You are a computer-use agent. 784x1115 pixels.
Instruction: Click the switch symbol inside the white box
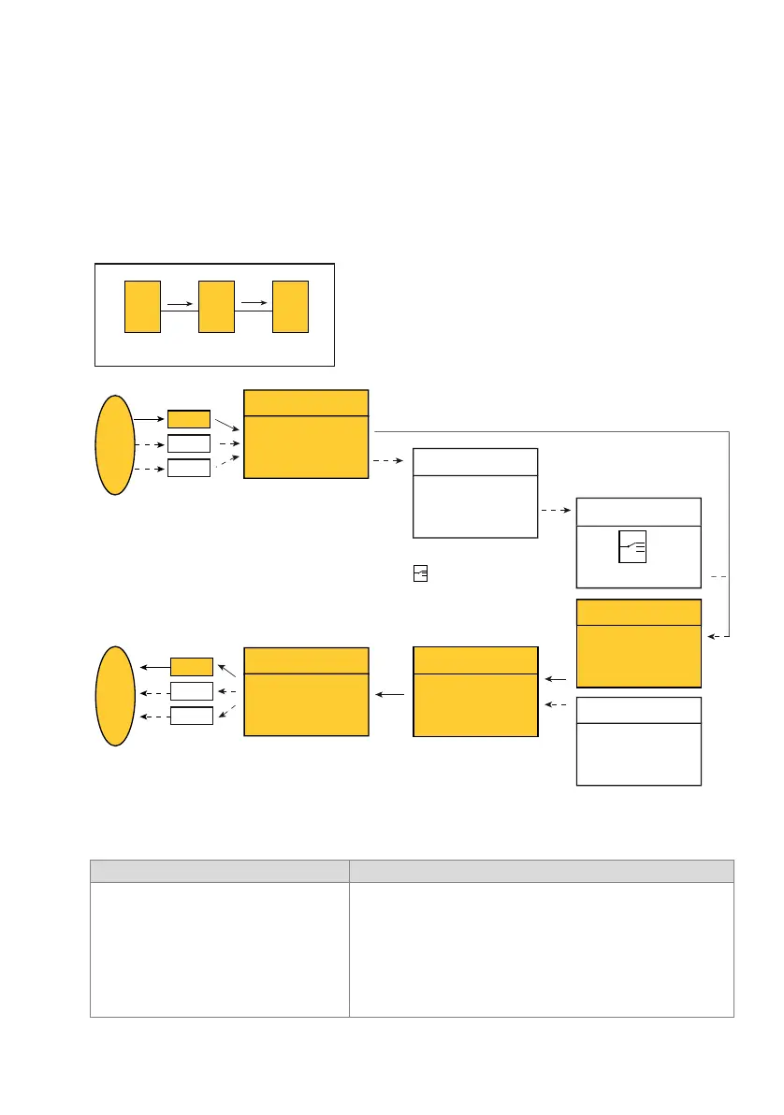(632, 547)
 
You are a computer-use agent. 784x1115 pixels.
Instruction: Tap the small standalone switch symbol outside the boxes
(420, 574)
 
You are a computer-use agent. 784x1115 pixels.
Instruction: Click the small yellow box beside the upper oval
(189, 419)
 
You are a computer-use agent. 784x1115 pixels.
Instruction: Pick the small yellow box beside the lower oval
(192, 666)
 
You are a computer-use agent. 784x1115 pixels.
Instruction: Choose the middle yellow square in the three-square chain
(216, 306)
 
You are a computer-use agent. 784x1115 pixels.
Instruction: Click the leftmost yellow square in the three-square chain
(143, 306)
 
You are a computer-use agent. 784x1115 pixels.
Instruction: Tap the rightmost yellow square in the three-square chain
(290, 306)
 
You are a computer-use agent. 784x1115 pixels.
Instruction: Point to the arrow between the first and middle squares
(180, 303)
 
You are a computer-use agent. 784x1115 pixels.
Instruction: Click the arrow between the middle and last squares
(253, 301)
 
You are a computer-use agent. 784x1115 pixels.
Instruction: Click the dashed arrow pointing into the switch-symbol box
(557, 512)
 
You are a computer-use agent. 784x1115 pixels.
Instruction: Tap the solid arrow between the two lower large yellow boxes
(391, 695)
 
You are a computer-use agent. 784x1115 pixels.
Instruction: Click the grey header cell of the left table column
(219, 871)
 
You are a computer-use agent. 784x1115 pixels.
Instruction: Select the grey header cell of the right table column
(541, 871)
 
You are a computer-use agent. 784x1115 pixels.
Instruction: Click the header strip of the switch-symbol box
(638, 512)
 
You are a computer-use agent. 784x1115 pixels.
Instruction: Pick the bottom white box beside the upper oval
(189, 468)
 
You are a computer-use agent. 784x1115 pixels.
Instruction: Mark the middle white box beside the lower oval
(192, 691)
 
